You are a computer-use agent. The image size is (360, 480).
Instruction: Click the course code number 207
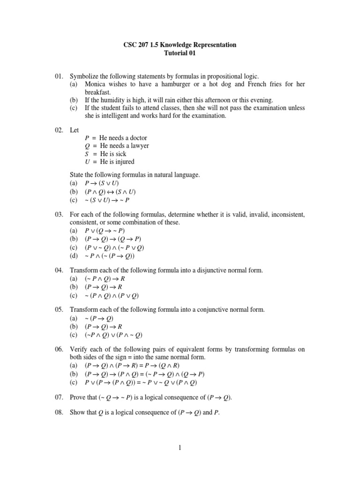(138, 45)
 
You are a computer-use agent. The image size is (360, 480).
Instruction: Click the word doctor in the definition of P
(136, 138)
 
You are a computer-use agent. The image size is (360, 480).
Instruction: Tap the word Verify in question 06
(79, 350)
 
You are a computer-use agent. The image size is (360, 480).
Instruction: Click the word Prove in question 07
(78, 397)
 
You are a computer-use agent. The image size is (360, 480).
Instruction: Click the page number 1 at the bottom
(180, 448)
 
